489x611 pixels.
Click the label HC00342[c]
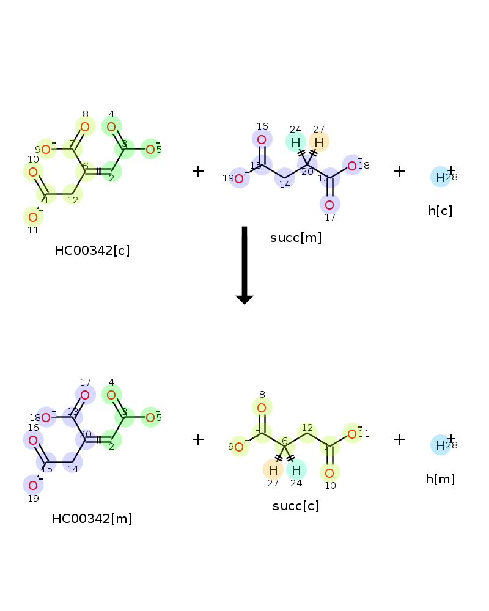pos(92,251)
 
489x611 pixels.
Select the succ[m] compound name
pos(296,238)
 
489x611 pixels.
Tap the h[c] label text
pos(440,211)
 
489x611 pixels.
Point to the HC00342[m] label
pos(92,519)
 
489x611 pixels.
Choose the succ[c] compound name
pos(296,506)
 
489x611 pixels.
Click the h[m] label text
pos(440,479)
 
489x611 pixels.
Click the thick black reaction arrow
pos(244,265)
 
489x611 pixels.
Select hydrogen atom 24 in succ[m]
pos(296,142)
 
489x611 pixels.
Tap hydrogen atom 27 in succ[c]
pos(273,470)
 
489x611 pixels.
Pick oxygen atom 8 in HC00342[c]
pos(85,126)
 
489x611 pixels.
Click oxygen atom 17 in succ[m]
pos(329,205)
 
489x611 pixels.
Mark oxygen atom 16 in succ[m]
pos(262,139)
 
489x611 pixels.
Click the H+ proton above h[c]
pos(441,177)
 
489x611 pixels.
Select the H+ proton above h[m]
pos(441,445)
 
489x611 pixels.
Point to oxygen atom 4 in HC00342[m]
pos(111,395)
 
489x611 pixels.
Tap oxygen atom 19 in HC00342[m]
pos(33,486)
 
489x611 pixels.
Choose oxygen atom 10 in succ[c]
pos(329,473)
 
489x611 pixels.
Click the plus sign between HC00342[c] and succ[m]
pos(198,171)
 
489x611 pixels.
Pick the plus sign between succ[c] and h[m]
pos(400,439)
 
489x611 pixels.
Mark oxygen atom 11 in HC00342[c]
pos(33,218)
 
